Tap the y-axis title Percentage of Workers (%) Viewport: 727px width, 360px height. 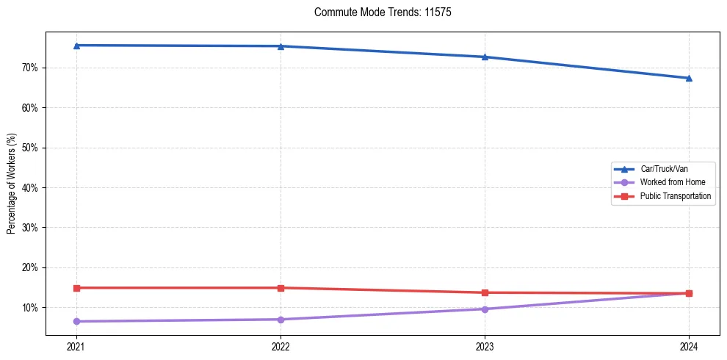click(x=11, y=184)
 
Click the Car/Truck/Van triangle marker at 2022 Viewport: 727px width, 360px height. click(x=281, y=46)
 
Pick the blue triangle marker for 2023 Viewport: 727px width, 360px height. click(x=485, y=57)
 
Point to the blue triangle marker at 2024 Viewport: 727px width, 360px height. click(x=689, y=78)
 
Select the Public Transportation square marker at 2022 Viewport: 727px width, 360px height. click(x=281, y=288)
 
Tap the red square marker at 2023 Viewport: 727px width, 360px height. click(x=485, y=292)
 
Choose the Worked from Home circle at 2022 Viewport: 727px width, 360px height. click(x=281, y=320)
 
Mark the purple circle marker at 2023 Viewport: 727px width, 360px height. click(x=485, y=309)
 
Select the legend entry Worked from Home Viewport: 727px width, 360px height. click(x=669, y=182)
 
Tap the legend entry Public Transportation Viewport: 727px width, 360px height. click(x=675, y=196)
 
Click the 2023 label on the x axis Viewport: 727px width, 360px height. click(x=485, y=347)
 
